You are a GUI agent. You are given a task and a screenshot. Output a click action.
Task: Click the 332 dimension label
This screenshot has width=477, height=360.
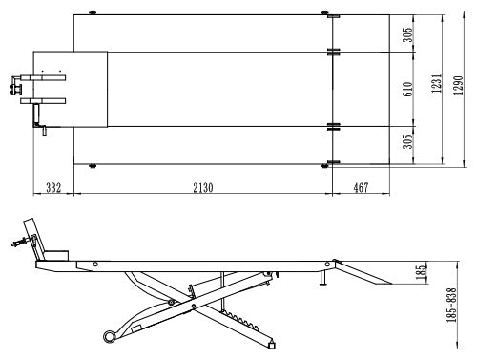tap(53, 188)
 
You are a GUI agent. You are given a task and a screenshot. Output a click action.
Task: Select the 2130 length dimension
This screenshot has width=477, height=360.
tap(203, 188)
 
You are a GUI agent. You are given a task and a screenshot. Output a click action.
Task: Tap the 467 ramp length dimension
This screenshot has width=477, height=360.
tap(361, 188)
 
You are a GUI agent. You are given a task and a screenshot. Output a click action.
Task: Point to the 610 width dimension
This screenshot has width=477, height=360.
tap(407, 89)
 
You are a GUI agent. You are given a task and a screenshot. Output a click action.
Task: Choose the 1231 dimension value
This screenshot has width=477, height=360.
tap(437, 83)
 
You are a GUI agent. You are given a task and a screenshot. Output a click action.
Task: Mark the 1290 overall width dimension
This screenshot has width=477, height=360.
tap(458, 85)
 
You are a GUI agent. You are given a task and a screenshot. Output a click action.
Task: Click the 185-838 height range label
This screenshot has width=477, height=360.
tap(451, 305)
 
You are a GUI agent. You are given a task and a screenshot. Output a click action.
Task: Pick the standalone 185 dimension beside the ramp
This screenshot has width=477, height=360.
tap(421, 272)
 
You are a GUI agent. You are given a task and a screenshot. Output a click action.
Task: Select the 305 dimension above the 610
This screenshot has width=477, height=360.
tap(407, 34)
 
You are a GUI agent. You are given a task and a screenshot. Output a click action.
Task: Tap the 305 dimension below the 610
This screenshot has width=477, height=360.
tap(407, 141)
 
